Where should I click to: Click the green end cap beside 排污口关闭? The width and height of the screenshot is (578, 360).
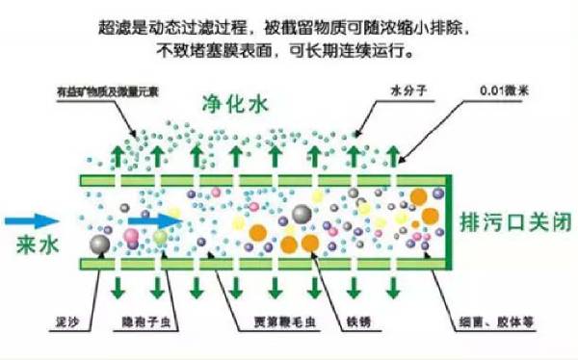[x=449, y=221]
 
